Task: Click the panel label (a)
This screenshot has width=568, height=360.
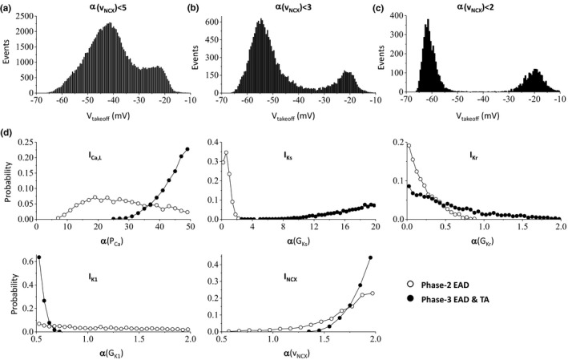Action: [x=9, y=9]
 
